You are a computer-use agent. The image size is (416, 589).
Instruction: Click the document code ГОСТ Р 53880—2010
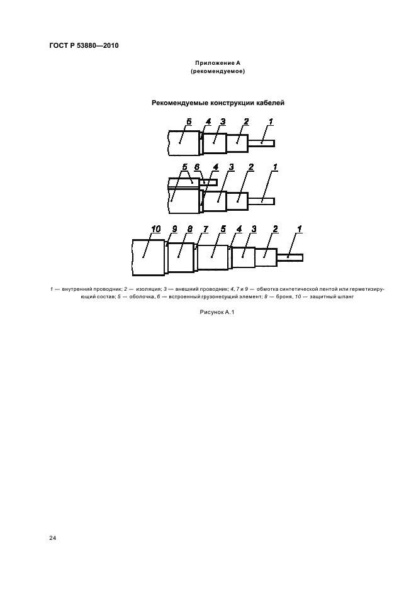click(x=84, y=46)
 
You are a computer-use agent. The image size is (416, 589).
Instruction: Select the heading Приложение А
click(x=218, y=63)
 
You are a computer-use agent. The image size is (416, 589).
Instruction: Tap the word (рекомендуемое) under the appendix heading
click(x=218, y=71)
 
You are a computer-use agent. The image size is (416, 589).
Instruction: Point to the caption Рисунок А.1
click(x=217, y=311)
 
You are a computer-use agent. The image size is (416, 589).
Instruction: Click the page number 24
click(x=53, y=538)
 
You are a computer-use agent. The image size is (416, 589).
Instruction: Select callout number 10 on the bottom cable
click(x=156, y=229)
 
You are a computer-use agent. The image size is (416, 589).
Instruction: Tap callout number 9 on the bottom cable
click(x=174, y=229)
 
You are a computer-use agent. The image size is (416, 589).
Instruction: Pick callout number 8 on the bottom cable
click(x=190, y=229)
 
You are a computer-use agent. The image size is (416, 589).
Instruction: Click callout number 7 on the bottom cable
click(x=206, y=229)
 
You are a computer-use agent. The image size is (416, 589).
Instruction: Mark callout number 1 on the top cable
click(x=271, y=121)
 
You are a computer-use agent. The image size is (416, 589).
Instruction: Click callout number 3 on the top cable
click(x=223, y=121)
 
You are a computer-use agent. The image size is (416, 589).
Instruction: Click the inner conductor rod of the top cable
click(x=262, y=143)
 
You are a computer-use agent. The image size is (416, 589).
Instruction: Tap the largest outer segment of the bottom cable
click(x=149, y=257)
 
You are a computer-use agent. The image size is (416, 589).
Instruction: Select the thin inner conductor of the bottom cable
click(x=290, y=257)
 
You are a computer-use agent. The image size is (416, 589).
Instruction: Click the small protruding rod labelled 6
click(x=209, y=182)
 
